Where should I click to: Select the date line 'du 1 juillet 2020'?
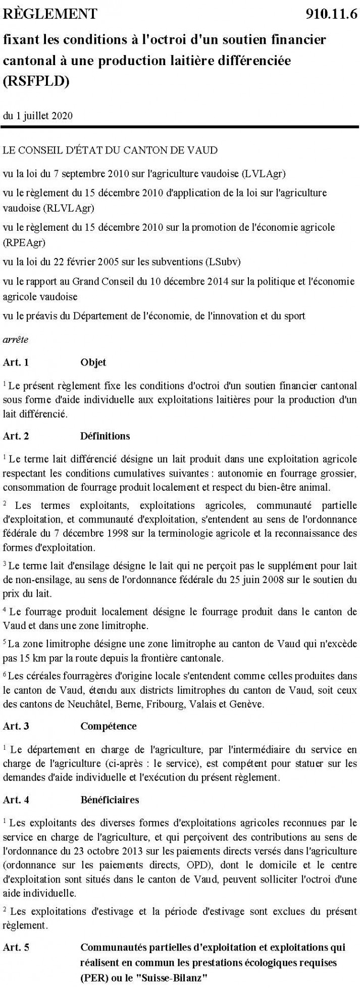[x=38, y=116]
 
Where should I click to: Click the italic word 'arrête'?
[x=16, y=340]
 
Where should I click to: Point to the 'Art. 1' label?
[x=16, y=362]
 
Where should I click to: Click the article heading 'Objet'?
[x=93, y=362]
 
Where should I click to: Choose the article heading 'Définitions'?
[x=105, y=436]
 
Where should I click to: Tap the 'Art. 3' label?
[x=16, y=726]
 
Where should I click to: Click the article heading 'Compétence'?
[x=108, y=726]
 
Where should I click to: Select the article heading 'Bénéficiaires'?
[x=110, y=800]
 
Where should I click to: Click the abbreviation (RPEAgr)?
[x=24, y=243]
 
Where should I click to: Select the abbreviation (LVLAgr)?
[x=263, y=174]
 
